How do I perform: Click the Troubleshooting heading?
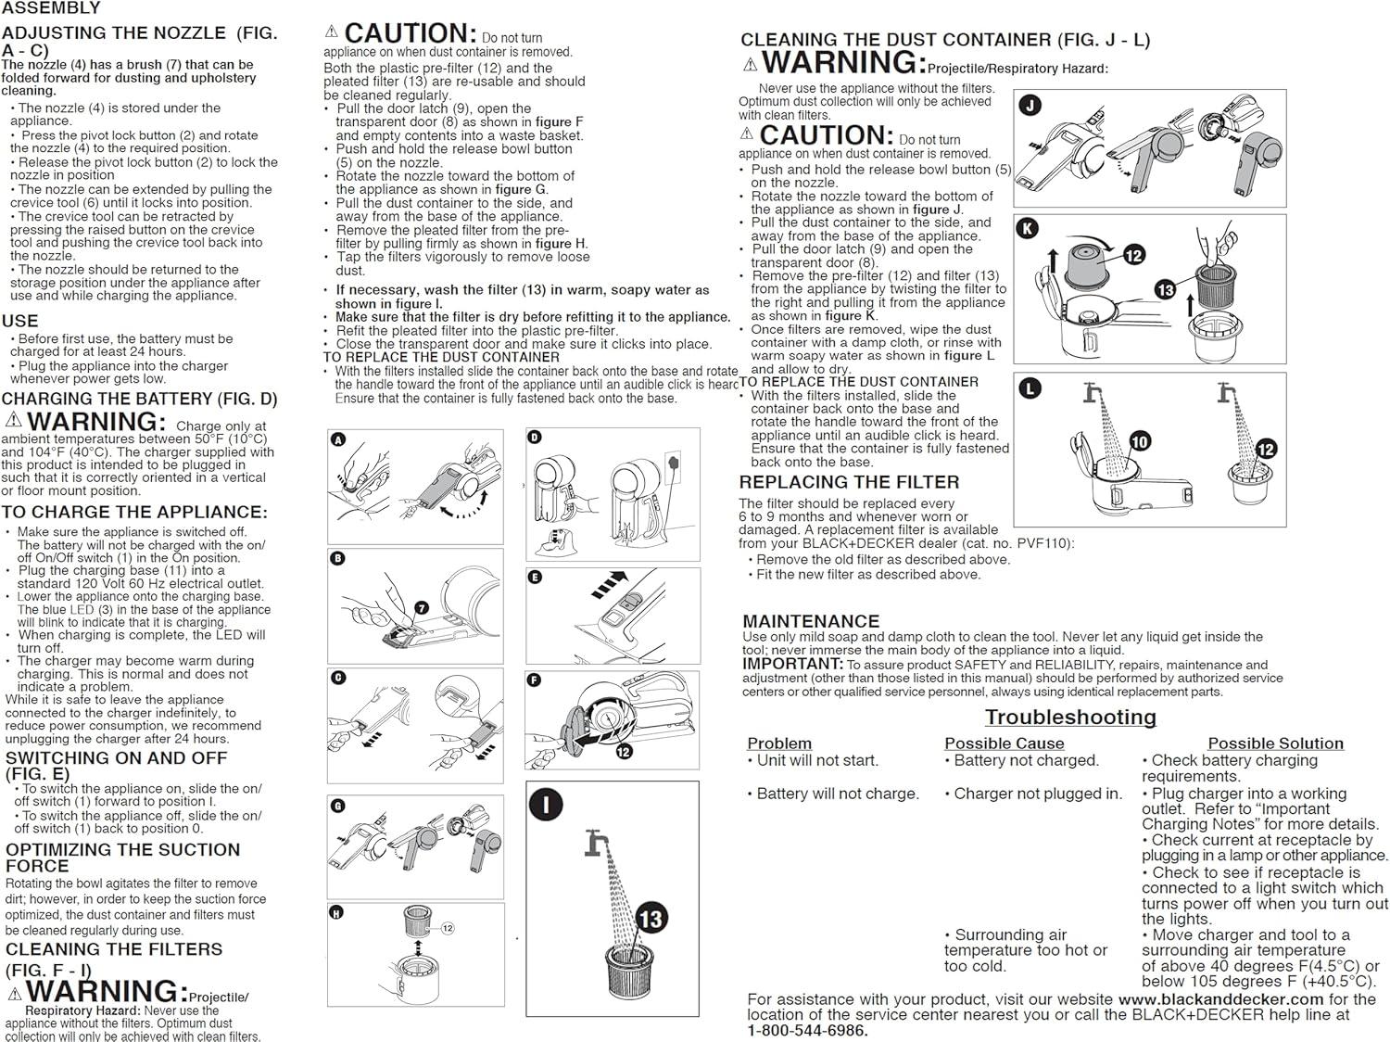point(1070,717)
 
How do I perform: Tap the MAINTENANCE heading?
point(811,621)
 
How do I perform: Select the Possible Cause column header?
point(1004,743)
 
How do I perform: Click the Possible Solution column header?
point(1275,743)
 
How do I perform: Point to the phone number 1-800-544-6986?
point(808,1030)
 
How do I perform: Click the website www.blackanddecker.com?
point(1220,999)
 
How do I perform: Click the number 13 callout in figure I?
point(651,919)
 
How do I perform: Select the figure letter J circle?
point(1030,106)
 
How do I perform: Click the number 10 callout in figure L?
point(1140,441)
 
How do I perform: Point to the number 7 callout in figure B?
point(422,608)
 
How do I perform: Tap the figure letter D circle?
point(535,438)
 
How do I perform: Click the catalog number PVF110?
point(1047,544)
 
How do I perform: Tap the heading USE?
point(20,321)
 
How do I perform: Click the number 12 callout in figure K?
point(1134,255)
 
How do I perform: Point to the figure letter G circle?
point(337,807)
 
